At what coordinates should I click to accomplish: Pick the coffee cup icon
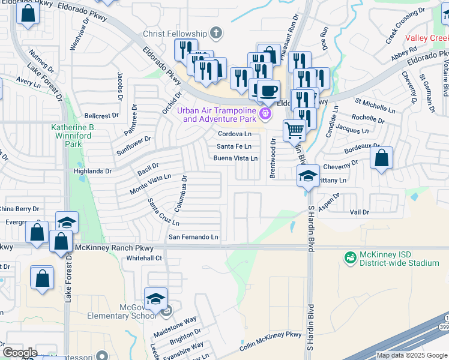click(268, 90)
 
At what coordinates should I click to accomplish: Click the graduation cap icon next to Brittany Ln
click(308, 176)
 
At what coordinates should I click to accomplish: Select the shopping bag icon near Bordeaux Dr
click(381, 158)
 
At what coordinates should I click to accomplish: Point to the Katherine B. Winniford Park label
click(73, 136)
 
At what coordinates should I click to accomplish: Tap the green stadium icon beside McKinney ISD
click(349, 257)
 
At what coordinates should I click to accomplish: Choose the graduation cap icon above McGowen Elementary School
click(155, 298)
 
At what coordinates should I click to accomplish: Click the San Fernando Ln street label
click(193, 238)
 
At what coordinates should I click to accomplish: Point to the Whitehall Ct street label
click(144, 258)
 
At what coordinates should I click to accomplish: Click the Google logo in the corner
click(19, 353)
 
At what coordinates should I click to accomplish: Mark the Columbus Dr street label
click(181, 193)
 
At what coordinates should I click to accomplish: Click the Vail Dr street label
click(360, 212)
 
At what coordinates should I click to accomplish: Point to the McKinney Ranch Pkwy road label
click(115, 248)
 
